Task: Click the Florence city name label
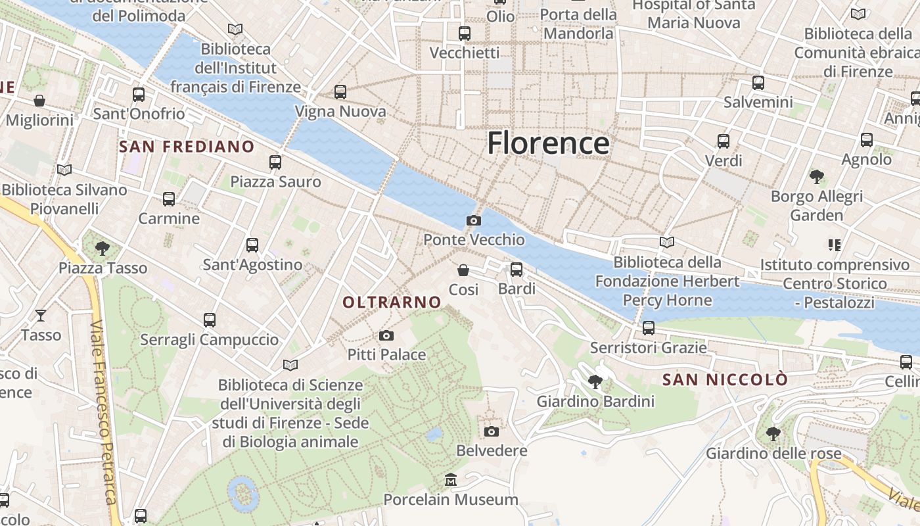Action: [x=548, y=143]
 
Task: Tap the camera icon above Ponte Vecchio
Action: [x=473, y=221]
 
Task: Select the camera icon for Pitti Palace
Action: [x=386, y=336]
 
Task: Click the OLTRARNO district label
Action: [x=392, y=302]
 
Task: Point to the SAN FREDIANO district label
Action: [x=187, y=147]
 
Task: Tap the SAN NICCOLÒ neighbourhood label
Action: [x=725, y=380]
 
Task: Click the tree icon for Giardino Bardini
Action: [x=595, y=382]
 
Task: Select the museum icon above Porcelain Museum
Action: [x=451, y=480]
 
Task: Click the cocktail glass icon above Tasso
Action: [x=41, y=316]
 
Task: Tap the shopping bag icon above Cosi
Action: [x=463, y=270]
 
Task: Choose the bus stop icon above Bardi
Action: [x=517, y=270]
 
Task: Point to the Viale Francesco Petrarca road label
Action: [x=104, y=421]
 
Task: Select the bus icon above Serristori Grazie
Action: [x=649, y=328]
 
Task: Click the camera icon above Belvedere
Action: [x=491, y=431]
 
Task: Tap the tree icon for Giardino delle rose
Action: [x=773, y=434]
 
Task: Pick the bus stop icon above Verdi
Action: [x=724, y=141]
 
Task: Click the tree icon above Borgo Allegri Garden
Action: [x=817, y=177]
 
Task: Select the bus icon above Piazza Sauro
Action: [x=275, y=162]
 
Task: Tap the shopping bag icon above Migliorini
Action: [x=39, y=101]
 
